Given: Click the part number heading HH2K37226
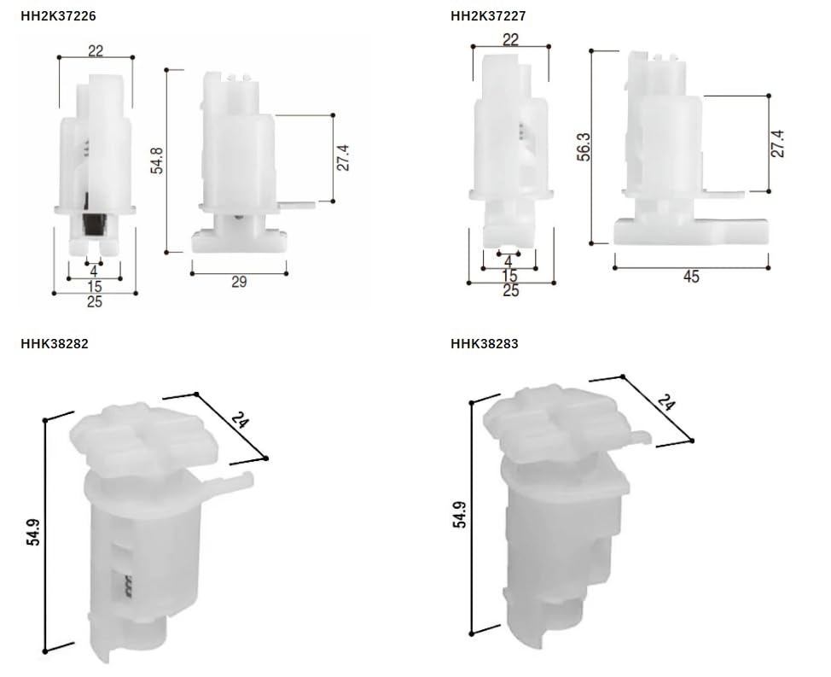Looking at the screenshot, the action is (x=58, y=16).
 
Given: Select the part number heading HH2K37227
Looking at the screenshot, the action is (x=488, y=16).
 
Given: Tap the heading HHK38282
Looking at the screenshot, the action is (x=55, y=343).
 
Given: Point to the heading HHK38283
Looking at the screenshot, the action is (x=485, y=343).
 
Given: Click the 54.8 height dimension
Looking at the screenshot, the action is (x=157, y=160).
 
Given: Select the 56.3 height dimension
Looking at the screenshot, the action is (x=584, y=147).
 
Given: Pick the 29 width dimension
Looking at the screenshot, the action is (x=239, y=282).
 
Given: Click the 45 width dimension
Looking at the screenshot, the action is (x=691, y=277).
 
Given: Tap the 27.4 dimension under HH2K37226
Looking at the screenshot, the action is (x=344, y=157).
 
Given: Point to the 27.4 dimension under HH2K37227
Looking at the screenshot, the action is (x=777, y=143).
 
